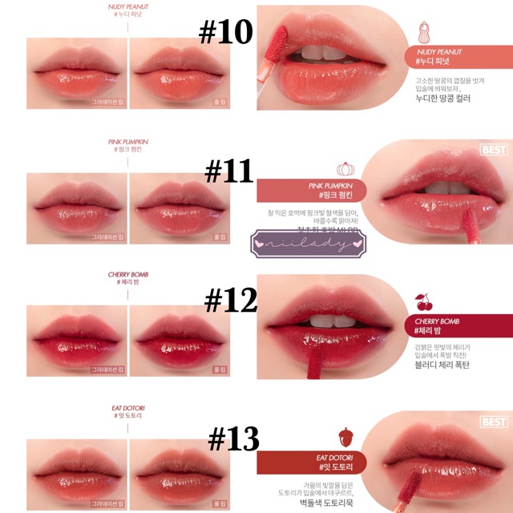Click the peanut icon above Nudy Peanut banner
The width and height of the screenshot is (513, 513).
(423, 34)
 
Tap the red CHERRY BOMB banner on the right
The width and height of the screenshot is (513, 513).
(436, 325)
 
